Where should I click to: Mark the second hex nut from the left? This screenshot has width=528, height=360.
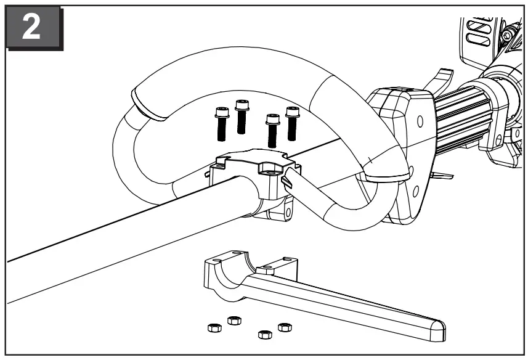(x=234, y=320)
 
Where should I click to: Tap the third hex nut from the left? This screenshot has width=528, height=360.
(x=264, y=335)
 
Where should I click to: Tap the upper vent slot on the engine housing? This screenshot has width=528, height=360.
(x=478, y=28)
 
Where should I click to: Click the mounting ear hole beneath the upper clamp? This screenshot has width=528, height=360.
(x=285, y=214)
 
